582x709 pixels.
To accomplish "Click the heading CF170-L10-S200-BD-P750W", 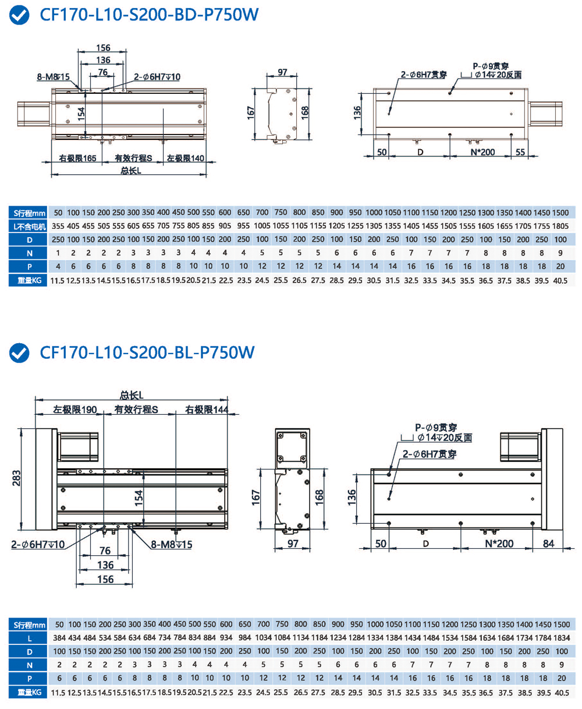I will click(x=148, y=16).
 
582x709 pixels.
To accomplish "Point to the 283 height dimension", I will click(x=17, y=478).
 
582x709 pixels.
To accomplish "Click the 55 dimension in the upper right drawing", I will click(x=520, y=152).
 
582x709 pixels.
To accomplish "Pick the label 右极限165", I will click(x=77, y=158).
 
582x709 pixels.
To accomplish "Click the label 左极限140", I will click(x=185, y=158).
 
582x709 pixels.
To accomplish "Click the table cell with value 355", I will click(x=58, y=225).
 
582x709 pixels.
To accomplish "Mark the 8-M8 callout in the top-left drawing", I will click(x=54, y=76).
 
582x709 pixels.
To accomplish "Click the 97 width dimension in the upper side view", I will click(x=282, y=72).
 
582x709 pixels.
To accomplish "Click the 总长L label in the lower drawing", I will click(x=132, y=394).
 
